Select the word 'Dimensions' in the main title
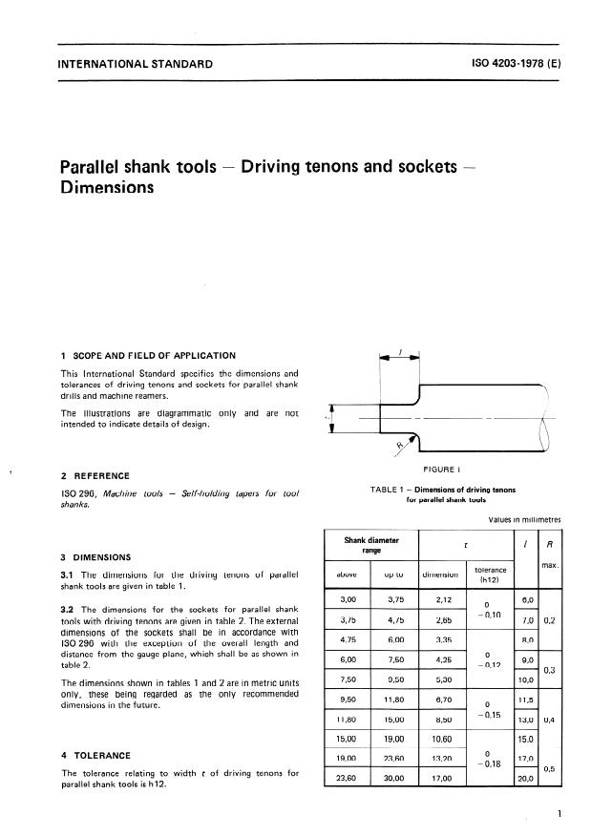[108, 188]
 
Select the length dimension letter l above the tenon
[400, 350]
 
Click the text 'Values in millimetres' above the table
[523, 520]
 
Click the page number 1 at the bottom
[559, 813]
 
